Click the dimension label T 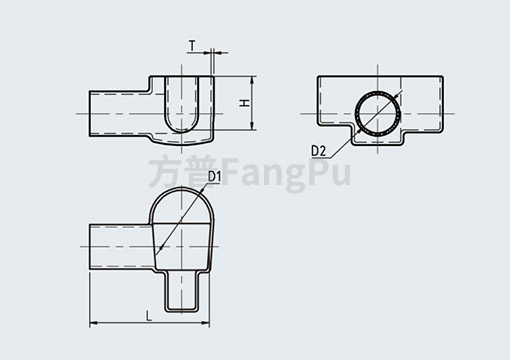point(191,45)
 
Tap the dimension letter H point(243,104)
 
